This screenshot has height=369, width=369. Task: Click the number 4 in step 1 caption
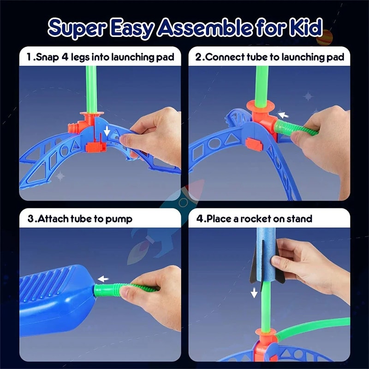pyautogui.click(x=66, y=57)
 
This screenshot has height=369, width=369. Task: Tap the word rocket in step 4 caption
pyautogui.click(x=256, y=218)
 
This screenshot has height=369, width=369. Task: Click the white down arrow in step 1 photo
pyautogui.click(x=107, y=131)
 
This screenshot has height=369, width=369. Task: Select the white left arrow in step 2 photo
pyautogui.click(x=282, y=115)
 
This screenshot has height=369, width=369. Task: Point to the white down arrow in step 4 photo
pyautogui.click(x=254, y=292)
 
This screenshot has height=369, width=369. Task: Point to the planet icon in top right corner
pyautogui.click(x=324, y=37)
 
